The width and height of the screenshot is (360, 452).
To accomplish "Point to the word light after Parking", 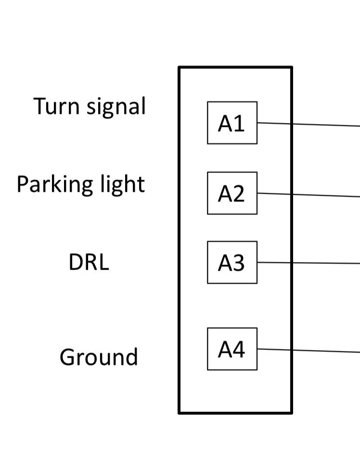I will (122, 185).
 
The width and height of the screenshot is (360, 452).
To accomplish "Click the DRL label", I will (89, 263).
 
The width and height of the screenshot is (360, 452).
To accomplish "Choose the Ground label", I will (99, 357).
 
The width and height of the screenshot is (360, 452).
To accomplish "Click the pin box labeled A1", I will (232, 123).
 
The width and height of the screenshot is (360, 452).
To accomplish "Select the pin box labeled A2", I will (232, 193).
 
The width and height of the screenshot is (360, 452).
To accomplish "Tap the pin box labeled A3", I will (232, 263).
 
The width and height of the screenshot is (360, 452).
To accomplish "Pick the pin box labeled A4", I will (232, 349).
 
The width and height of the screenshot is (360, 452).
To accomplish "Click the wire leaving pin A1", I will (308, 125).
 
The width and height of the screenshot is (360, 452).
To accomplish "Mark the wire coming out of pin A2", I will (308, 195).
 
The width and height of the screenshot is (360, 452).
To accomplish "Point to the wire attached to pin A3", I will (308, 263).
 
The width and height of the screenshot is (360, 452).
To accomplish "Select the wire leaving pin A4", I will (308, 351).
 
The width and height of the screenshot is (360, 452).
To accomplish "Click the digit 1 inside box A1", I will (239, 124).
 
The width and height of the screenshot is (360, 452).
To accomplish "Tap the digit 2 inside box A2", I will (239, 194).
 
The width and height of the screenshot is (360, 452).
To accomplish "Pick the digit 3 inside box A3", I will (239, 263).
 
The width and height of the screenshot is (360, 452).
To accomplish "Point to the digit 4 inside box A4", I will (239, 350).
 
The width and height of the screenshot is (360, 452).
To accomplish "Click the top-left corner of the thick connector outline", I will (180, 68).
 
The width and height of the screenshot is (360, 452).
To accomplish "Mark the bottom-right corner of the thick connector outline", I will (291, 412).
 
